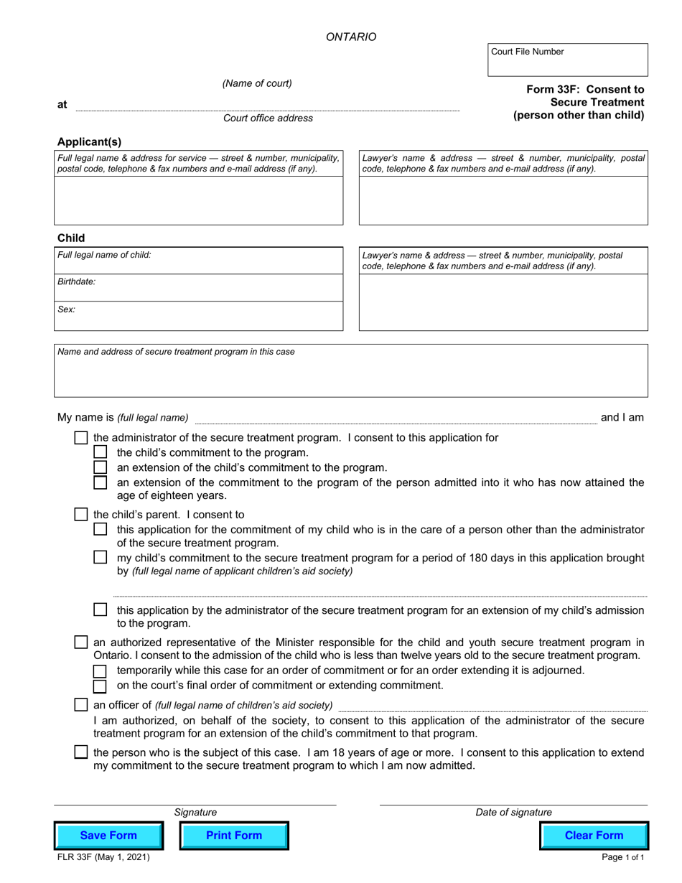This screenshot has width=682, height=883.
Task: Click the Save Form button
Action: (109, 836)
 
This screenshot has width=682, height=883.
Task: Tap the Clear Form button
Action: (594, 836)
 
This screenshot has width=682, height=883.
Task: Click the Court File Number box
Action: (567, 60)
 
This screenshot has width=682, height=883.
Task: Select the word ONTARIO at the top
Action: (351, 37)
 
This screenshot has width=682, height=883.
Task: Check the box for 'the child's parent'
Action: (82, 515)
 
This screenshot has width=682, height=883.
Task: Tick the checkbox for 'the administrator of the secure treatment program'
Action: (82, 438)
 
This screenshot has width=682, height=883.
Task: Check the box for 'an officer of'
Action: (82, 705)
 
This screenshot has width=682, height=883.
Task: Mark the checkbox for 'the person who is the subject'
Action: (82, 752)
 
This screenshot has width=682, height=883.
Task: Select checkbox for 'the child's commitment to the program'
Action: (101, 452)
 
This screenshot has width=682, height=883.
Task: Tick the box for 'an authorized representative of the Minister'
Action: (82, 642)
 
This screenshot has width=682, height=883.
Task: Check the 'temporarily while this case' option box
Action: (101, 671)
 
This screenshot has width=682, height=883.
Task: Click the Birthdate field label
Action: (77, 282)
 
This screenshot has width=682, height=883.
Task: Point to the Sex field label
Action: (67, 310)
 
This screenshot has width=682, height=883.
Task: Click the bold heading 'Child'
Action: (71, 238)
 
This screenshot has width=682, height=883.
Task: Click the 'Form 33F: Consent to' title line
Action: (585, 90)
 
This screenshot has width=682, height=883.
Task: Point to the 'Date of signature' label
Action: (513, 813)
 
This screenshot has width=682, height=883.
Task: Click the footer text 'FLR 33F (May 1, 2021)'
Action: (103, 857)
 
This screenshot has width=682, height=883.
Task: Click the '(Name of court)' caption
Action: (257, 83)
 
